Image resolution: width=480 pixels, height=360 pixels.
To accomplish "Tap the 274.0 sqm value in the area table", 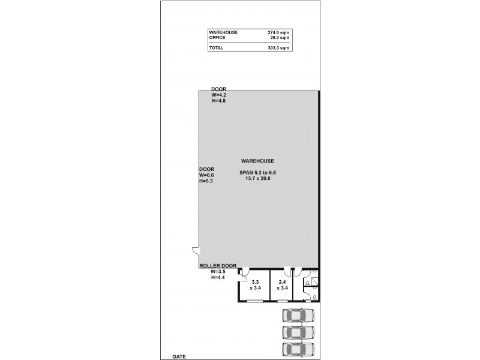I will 278,32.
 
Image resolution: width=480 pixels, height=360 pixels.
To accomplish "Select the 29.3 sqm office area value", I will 280,37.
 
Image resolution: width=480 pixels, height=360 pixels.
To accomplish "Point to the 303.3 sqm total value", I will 278,47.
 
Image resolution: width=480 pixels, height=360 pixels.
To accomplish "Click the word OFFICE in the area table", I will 217,37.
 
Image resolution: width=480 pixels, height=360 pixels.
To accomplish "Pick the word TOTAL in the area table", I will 216,47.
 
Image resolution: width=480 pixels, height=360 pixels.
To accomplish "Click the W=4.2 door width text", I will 218,95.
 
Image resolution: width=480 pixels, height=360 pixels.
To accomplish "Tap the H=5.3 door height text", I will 206,181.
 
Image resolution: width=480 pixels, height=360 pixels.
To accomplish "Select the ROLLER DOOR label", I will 218,266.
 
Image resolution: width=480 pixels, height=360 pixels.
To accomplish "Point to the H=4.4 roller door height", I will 218,278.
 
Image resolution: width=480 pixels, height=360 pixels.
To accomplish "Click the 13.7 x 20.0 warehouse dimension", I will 257,178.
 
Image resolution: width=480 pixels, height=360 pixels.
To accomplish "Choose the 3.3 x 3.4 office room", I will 255,285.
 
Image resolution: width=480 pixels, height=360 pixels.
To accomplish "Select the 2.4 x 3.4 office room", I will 282,285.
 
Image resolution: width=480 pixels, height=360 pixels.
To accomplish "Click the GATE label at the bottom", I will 179,356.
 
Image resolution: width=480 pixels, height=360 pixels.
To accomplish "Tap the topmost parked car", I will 298,316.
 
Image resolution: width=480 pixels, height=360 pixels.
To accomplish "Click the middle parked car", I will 298,332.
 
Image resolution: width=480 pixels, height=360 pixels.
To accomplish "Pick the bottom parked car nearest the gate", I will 298,349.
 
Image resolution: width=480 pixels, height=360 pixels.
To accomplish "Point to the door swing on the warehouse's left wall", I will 194,251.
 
